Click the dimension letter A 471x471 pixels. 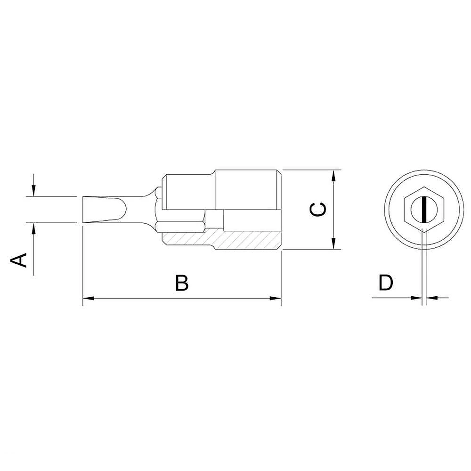click(19, 260)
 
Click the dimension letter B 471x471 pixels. click(182, 283)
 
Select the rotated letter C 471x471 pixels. click(318, 210)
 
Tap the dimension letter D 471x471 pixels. click(386, 282)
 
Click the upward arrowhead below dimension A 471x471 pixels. click(34, 229)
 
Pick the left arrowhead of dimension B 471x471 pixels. click(89, 298)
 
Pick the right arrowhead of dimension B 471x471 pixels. click(275, 298)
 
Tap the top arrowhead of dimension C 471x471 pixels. click(333, 176)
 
